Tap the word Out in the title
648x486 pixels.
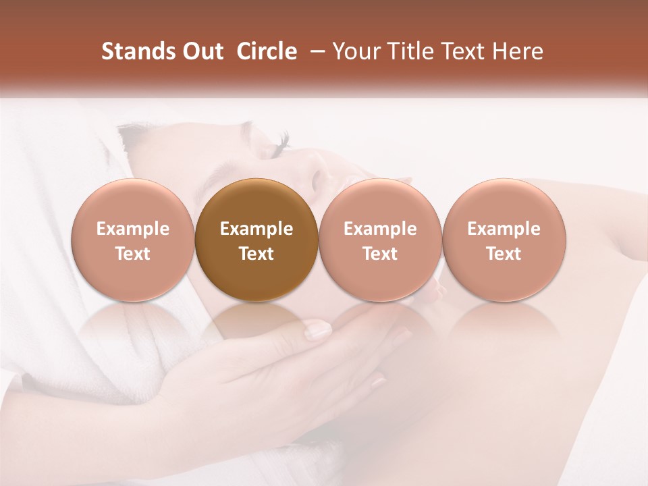coord(201,51)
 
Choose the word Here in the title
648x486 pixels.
coord(518,51)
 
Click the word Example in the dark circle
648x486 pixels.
coord(256,230)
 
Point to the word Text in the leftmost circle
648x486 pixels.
coord(133,254)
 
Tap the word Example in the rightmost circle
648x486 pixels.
coord(504,230)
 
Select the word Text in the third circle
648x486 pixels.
coord(380,254)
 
